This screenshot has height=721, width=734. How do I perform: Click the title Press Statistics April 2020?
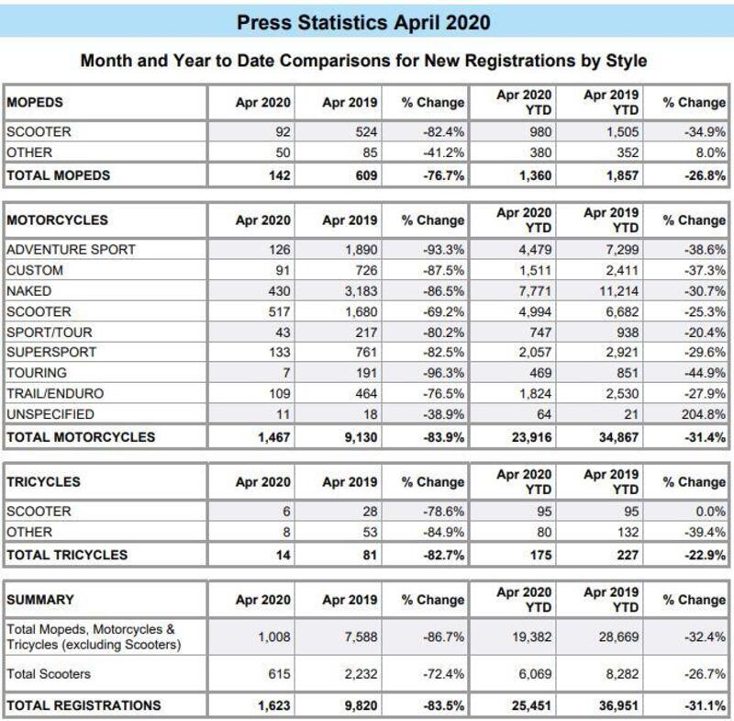click(x=363, y=22)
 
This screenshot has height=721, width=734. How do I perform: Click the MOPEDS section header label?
click(x=35, y=102)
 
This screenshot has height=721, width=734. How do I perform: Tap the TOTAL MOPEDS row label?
click(x=58, y=175)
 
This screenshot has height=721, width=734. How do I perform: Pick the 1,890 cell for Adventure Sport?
click(x=359, y=250)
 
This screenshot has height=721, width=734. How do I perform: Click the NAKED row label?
click(x=28, y=290)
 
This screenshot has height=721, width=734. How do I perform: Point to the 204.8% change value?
click(x=704, y=414)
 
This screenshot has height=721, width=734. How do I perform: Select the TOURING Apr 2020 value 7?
click(x=286, y=373)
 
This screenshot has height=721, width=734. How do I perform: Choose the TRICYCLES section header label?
click(x=43, y=481)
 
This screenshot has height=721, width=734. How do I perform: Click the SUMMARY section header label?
click(x=40, y=600)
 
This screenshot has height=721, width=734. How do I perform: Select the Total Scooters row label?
click(x=49, y=674)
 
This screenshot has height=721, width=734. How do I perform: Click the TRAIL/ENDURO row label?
click(x=55, y=393)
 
